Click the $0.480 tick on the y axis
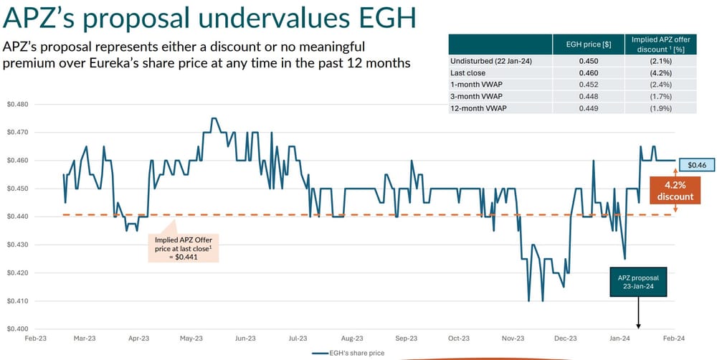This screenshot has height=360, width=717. click(x=17, y=105)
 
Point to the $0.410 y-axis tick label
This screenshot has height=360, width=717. click(x=17, y=300)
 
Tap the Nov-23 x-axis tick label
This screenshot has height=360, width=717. click(x=513, y=338)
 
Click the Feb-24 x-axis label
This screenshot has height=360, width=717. click(x=673, y=338)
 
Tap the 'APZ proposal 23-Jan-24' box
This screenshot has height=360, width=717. click(x=637, y=283)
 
